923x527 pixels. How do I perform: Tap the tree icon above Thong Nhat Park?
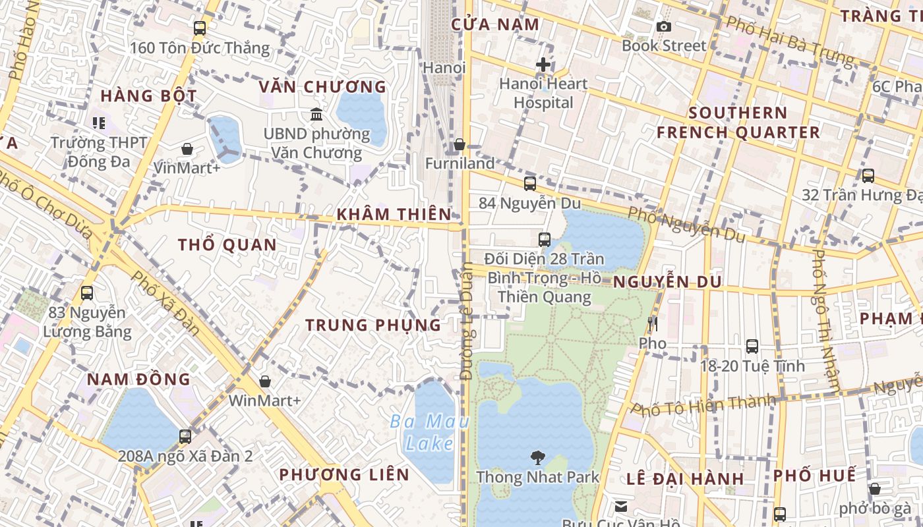[x=538, y=457]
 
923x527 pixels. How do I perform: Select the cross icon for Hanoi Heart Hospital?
[x=543, y=65]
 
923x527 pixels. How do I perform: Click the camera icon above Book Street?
[x=664, y=26]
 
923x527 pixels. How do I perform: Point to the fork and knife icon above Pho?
[x=653, y=324]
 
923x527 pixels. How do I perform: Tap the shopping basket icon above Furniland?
[x=460, y=144]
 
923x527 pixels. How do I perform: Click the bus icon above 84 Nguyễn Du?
[x=530, y=184]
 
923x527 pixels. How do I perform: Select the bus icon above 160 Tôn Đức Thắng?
[x=200, y=28]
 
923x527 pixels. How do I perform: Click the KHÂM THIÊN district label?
[x=394, y=214]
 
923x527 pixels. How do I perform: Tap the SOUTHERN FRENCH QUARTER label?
[x=738, y=123]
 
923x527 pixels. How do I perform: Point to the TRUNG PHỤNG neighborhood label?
[x=373, y=325]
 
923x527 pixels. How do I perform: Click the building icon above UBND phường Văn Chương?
[x=316, y=115]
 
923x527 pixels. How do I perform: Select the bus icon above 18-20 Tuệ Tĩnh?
[x=752, y=347]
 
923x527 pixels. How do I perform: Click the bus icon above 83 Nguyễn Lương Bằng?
[x=87, y=293]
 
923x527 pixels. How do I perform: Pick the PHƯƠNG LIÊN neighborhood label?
[x=343, y=474]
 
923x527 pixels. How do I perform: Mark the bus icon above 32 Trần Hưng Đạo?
[x=868, y=176]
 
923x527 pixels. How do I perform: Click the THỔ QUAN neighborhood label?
[x=227, y=245]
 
